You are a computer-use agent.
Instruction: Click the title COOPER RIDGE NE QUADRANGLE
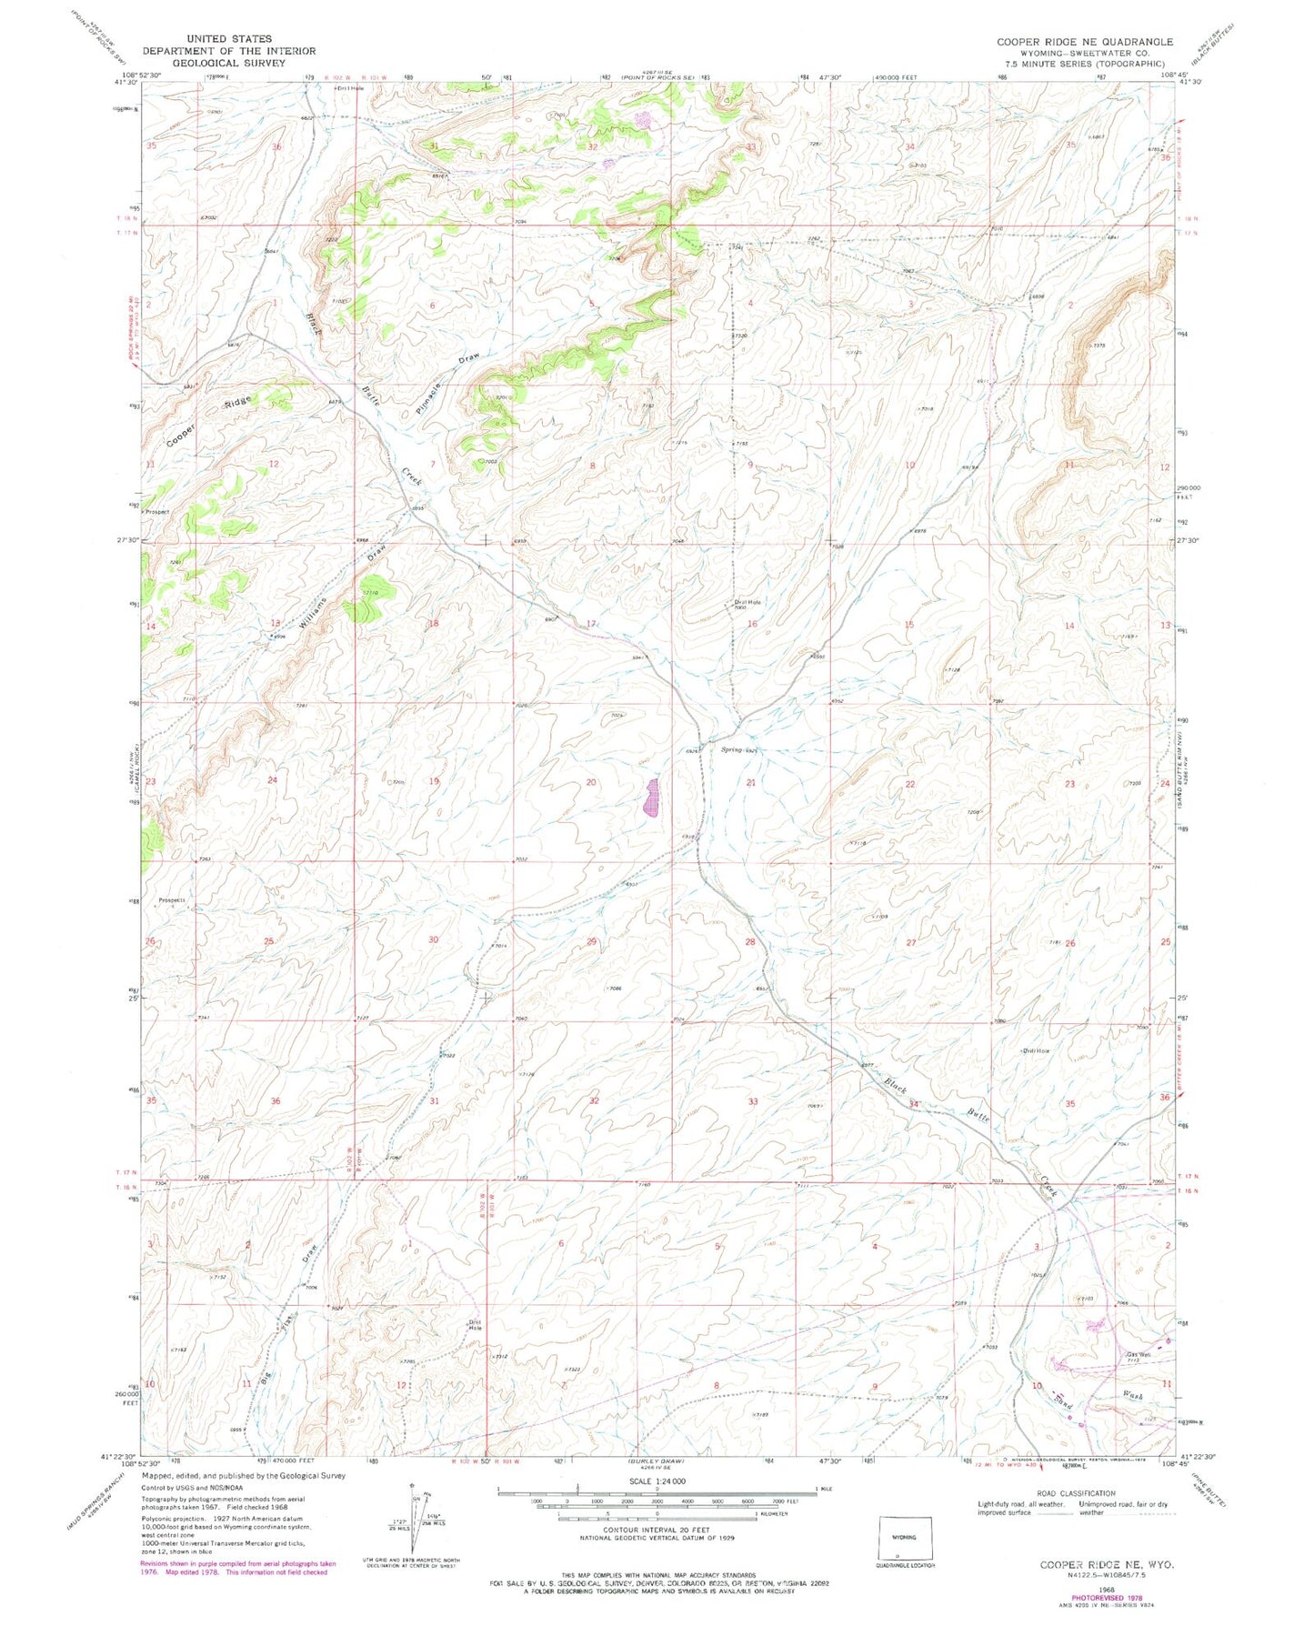(1084, 42)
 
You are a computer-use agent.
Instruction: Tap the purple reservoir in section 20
(651, 798)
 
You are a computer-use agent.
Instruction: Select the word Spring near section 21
(731, 750)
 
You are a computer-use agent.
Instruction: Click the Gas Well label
(1138, 1355)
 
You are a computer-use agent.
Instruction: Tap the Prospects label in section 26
(173, 900)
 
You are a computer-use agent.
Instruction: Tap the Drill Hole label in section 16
(747, 602)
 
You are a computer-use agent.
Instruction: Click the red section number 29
(591, 942)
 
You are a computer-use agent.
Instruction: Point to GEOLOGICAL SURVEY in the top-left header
(228, 63)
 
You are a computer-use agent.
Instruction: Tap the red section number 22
(909, 784)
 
